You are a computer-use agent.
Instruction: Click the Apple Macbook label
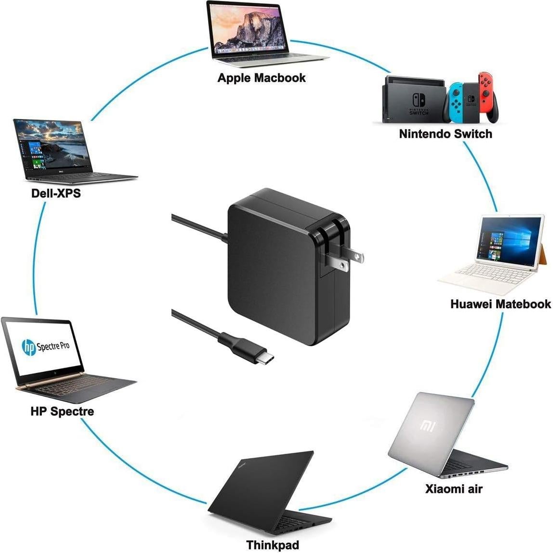pyautogui.click(x=261, y=78)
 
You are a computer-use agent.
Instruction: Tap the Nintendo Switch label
pyautogui.click(x=446, y=133)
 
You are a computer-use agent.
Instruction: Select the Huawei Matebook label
pyautogui.click(x=500, y=304)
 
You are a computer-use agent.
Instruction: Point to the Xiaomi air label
pyautogui.click(x=454, y=489)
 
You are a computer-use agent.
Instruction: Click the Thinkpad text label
pyautogui.click(x=273, y=545)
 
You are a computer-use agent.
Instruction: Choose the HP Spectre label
pyautogui.click(x=62, y=411)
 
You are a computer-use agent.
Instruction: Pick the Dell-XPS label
pyautogui.click(x=56, y=193)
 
